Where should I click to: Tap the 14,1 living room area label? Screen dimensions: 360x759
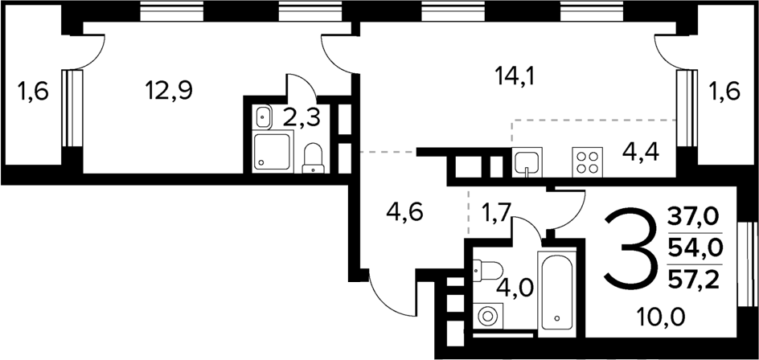515,77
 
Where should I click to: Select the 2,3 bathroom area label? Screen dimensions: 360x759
302,118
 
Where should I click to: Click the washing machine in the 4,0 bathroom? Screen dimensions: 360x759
488,316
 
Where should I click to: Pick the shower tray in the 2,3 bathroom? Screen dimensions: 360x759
272,152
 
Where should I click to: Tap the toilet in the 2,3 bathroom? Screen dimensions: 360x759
313,158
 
